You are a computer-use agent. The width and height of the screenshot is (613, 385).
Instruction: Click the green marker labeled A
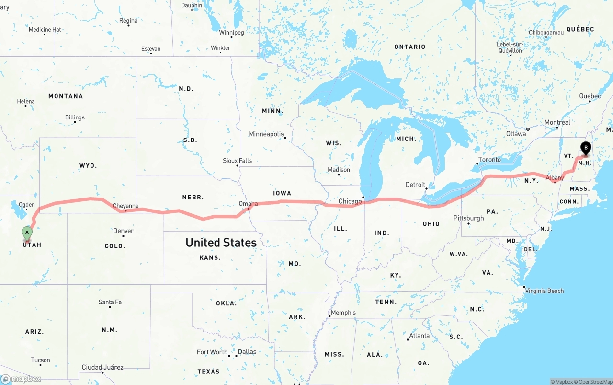pyautogui.click(x=27, y=233)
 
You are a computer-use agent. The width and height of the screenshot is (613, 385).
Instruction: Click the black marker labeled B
pyautogui.click(x=585, y=148)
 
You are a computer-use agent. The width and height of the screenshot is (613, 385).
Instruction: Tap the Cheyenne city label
pyautogui.click(x=125, y=206)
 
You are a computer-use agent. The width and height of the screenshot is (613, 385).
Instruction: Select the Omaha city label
pyautogui.click(x=248, y=204)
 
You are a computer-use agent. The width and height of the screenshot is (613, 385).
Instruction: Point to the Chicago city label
pyautogui.click(x=350, y=201)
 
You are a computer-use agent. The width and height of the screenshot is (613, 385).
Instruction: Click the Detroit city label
pyautogui.click(x=415, y=185)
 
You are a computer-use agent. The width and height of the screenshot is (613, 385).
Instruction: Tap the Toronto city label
pyautogui.click(x=489, y=160)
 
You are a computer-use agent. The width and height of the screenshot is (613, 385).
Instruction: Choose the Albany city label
pyautogui.click(x=555, y=178)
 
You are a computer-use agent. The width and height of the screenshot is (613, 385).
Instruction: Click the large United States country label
pyautogui.click(x=221, y=243)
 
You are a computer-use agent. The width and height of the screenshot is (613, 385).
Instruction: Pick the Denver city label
pyautogui.click(x=123, y=231)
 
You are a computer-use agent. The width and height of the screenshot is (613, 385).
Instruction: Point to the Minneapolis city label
pyautogui.click(x=266, y=134)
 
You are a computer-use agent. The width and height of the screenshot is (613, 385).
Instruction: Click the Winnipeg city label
pyautogui.click(x=231, y=33)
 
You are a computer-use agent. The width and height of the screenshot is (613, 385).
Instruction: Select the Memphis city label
pyautogui.click(x=343, y=313)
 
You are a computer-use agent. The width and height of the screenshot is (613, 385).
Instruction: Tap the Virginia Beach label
pyautogui.click(x=544, y=291)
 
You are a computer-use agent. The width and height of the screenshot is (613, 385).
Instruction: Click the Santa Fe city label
pyautogui.click(x=110, y=302)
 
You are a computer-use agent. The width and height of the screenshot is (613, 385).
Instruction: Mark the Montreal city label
pyautogui.click(x=557, y=122)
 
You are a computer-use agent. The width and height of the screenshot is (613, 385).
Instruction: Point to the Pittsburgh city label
pyautogui.click(x=468, y=218)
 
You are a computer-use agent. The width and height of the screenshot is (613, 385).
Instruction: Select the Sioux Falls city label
pyautogui.click(x=237, y=161)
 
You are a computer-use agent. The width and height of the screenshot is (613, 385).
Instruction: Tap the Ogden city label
pyautogui.click(x=26, y=205)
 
